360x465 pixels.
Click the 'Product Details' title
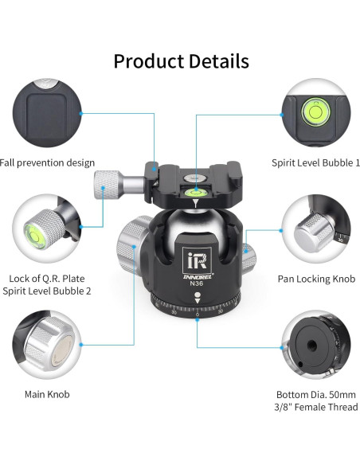pyautogui.click(x=181, y=61)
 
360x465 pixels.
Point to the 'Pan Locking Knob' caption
pyautogui.click(x=316, y=279)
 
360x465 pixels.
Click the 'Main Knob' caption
pyautogui.click(x=47, y=393)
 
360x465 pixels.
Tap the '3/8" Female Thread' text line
pyautogui.click(x=317, y=407)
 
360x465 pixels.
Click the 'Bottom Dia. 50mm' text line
pyautogui.click(x=317, y=393)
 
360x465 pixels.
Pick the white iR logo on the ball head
pyautogui.click(x=197, y=260)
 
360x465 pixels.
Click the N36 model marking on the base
pyautogui.click(x=197, y=286)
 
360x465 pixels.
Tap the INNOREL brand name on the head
pyautogui.click(x=196, y=277)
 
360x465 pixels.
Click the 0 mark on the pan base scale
pyautogui.click(x=197, y=315)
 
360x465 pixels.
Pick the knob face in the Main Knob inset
pyautogui.click(x=51, y=351)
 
